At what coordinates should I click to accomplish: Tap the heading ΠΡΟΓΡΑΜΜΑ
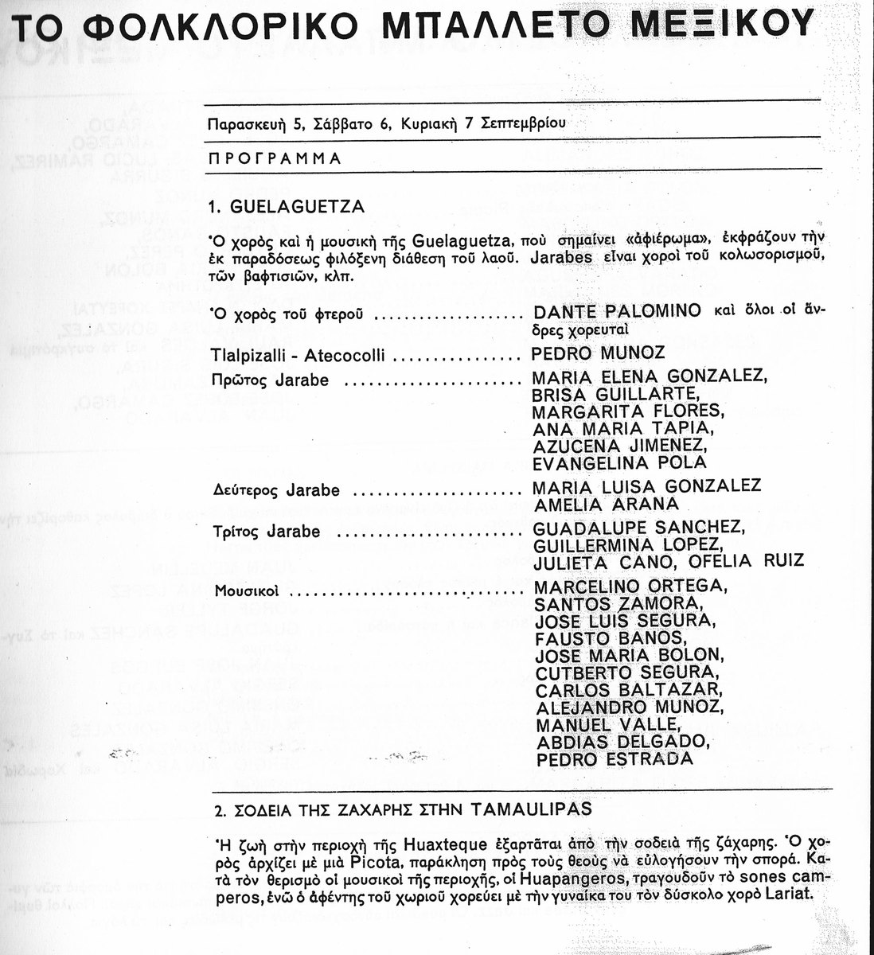[275, 158]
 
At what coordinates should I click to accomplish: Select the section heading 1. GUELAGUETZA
[286, 207]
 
